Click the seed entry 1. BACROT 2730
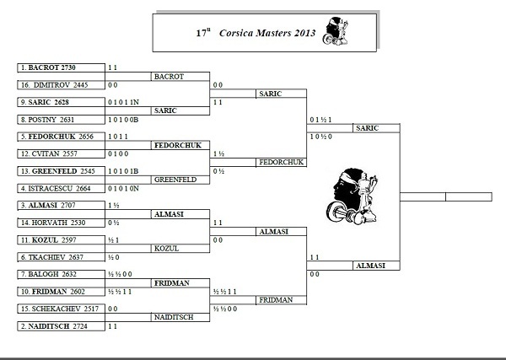coord(61,67)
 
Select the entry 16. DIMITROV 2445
coord(61,84)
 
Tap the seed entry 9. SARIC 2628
coord(61,102)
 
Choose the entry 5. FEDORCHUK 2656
coord(61,137)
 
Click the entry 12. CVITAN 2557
coord(61,153)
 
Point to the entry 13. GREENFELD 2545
coord(61,171)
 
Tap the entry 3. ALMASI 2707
coord(61,206)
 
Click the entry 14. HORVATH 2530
coord(61,223)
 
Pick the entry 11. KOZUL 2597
coord(61,240)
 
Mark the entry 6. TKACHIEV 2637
coord(61,257)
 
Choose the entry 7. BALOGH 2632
coord(61,275)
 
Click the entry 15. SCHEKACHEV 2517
coord(61,309)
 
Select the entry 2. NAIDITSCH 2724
coord(61,326)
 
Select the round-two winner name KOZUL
coord(165,249)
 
